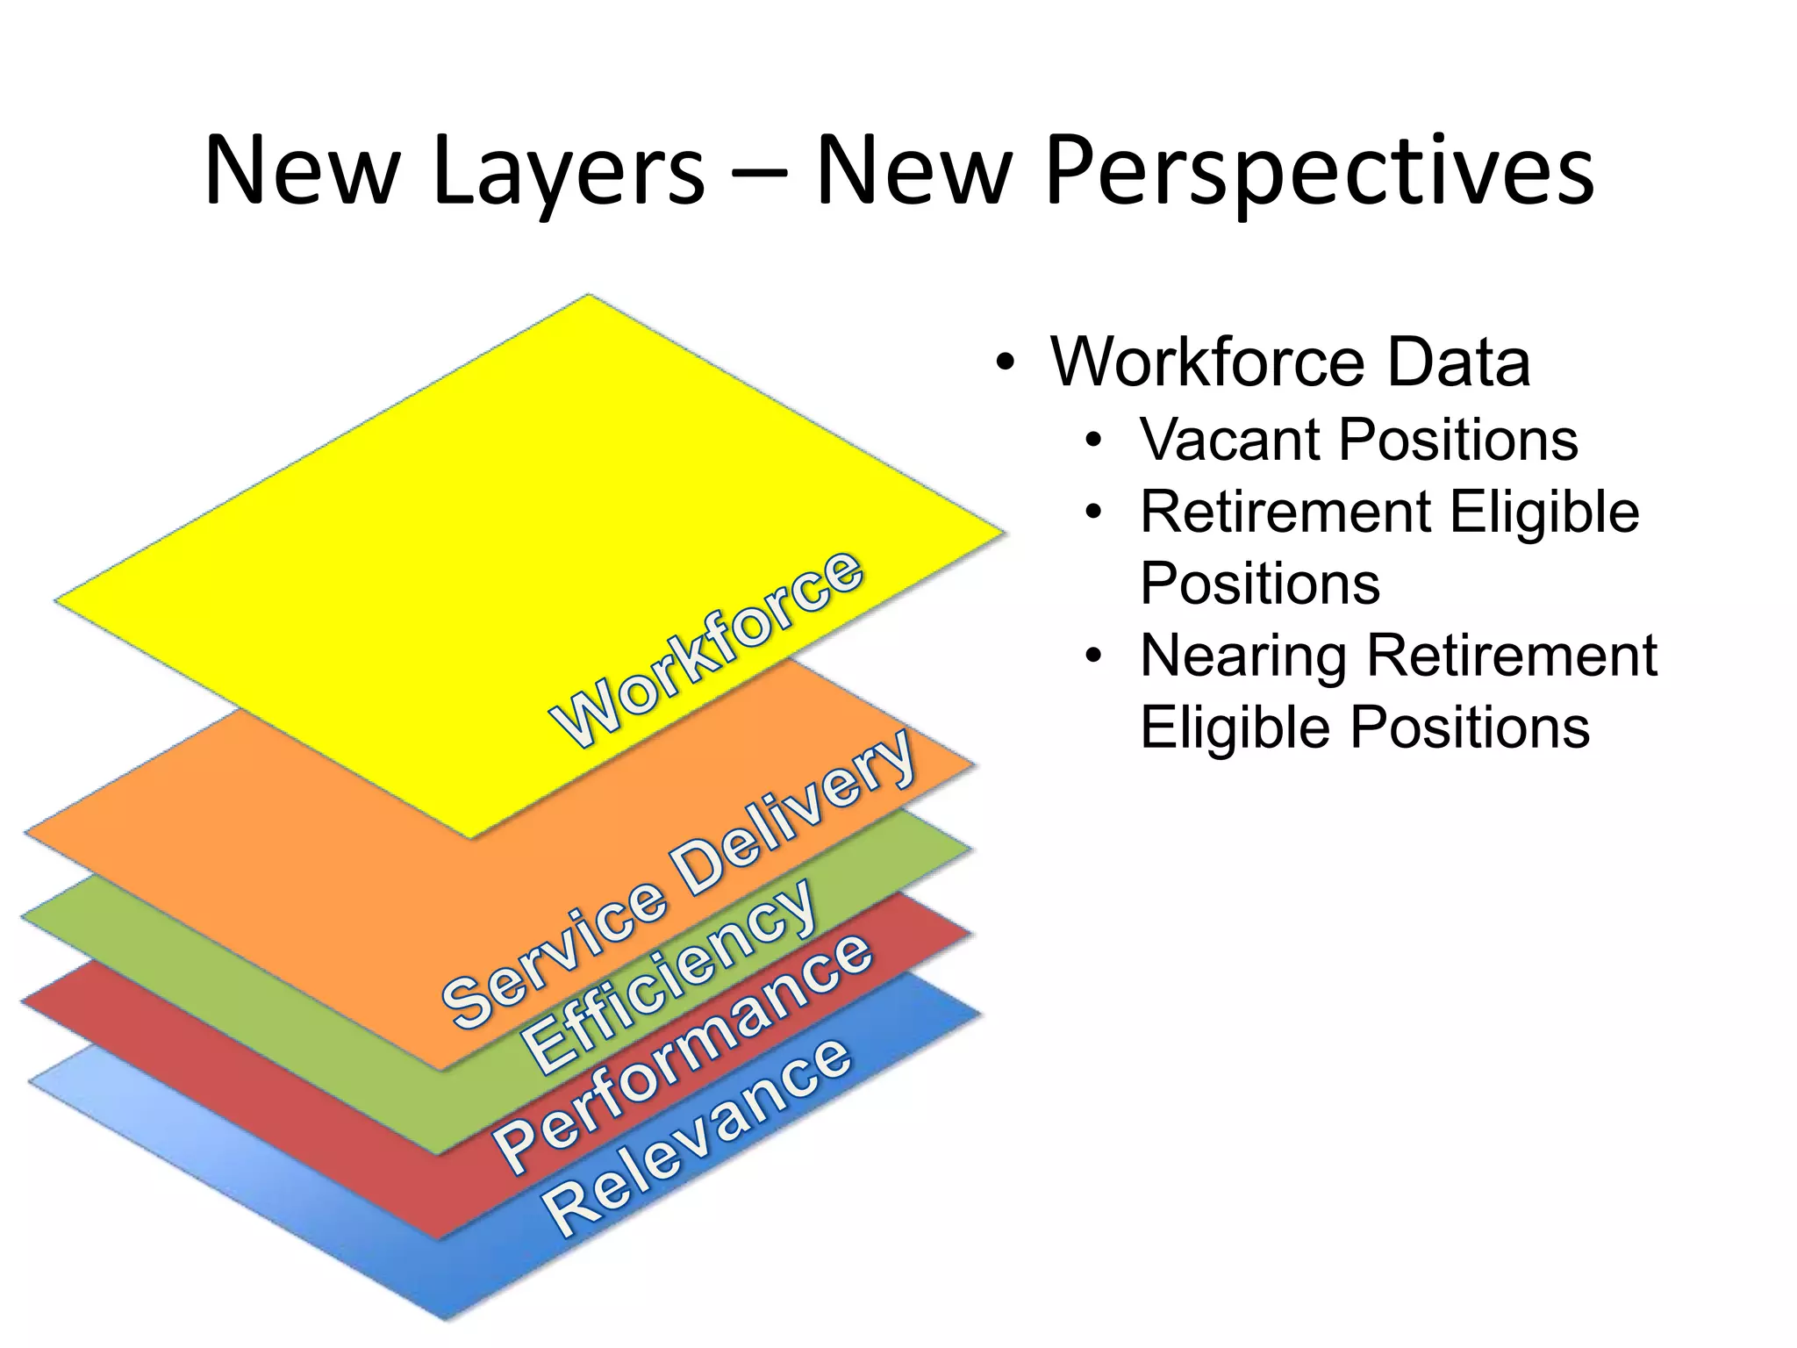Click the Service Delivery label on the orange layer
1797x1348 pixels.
point(679,878)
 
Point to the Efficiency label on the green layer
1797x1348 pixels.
point(669,974)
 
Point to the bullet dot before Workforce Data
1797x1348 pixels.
point(1006,362)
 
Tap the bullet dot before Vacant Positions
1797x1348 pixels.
point(1092,441)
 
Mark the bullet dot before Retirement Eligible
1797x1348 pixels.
point(1092,513)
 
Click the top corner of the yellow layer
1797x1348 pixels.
point(589,297)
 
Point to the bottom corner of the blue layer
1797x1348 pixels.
point(446,1318)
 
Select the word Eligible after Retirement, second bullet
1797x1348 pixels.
point(1544,512)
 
